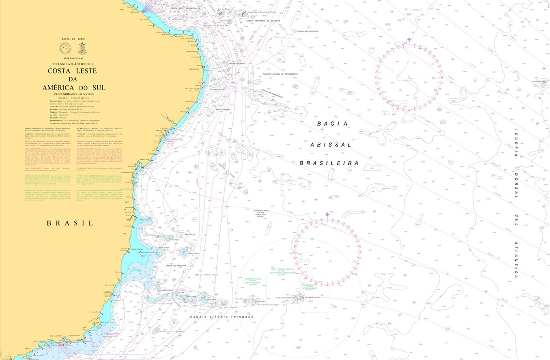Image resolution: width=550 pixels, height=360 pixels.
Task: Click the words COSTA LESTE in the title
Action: click(x=72, y=71)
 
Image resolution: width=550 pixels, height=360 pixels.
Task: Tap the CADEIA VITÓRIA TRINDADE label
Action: click(x=222, y=316)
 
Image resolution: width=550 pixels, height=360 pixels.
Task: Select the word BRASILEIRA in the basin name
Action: click(x=329, y=164)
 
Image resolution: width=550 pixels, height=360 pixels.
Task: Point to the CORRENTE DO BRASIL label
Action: click(x=264, y=211)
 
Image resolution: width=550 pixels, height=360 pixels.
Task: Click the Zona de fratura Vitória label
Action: click(x=207, y=275)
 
